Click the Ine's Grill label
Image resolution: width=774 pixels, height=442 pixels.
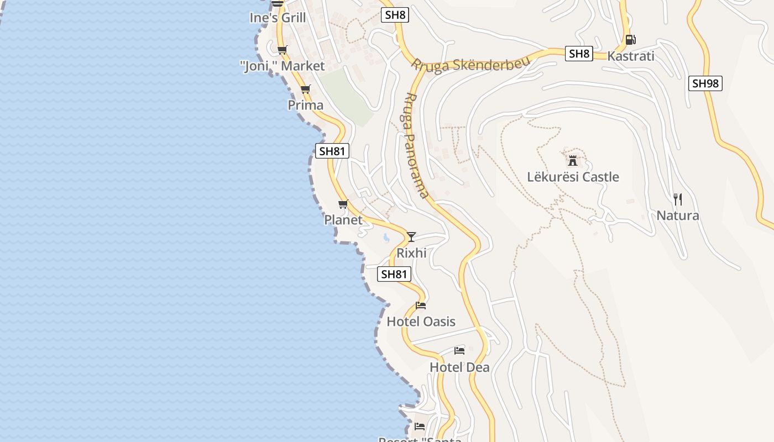pyautogui.click(x=278, y=18)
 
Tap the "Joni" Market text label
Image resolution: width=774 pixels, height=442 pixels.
pyautogui.click(x=283, y=66)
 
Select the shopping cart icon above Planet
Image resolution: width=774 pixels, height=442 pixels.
pyautogui.click(x=343, y=204)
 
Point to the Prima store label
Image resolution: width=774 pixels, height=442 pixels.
pyautogui.click(x=305, y=105)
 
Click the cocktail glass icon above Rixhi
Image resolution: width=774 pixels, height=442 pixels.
pyautogui.click(x=411, y=237)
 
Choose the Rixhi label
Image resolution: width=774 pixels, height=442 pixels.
pyautogui.click(x=411, y=253)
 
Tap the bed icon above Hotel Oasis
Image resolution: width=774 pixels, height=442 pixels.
pyautogui.click(x=421, y=306)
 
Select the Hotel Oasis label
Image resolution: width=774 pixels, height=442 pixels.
pyautogui.click(x=421, y=322)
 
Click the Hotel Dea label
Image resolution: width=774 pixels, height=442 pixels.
pyautogui.click(x=459, y=367)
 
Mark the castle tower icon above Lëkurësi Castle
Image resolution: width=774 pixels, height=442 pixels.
pyautogui.click(x=573, y=161)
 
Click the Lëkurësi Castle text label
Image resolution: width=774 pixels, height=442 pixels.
pyautogui.click(x=573, y=177)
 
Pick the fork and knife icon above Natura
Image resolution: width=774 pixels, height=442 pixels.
pyautogui.click(x=678, y=199)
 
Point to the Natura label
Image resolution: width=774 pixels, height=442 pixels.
pyautogui.click(x=678, y=215)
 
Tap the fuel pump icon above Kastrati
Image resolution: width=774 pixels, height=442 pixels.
pyautogui.click(x=630, y=40)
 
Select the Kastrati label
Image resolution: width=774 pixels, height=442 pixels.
pyautogui.click(x=630, y=56)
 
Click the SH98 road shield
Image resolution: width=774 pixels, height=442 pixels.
pyautogui.click(x=705, y=83)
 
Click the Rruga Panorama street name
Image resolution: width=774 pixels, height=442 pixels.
pyautogui.click(x=414, y=145)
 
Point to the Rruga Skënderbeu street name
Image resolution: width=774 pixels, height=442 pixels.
pyautogui.click(x=470, y=63)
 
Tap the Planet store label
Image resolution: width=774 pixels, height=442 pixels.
pyautogui.click(x=343, y=220)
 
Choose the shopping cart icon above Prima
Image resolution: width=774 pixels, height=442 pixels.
pyautogui.click(x=306, y=90)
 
